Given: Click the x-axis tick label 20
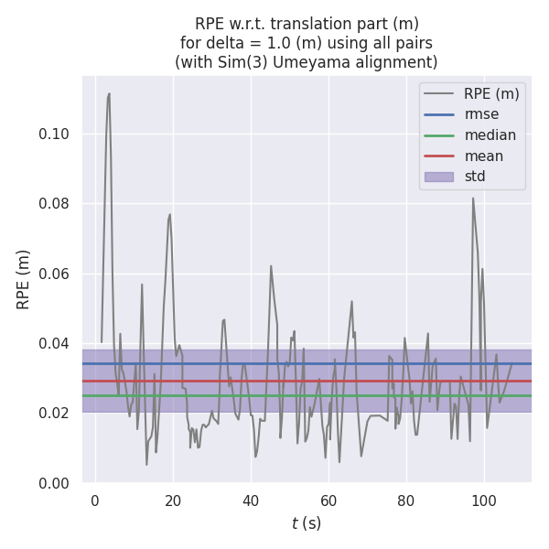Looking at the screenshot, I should [x=173, y=500].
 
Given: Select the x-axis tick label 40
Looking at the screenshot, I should [x=251, y=500].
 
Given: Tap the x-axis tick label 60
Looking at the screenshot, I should [x=328, y=500].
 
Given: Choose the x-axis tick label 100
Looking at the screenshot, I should [x=484, y=500].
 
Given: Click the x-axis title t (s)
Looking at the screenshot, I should [x=307, y=523].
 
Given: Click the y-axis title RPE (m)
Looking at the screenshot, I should [x=24, y=279].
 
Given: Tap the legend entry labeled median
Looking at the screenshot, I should [x=490, y=135].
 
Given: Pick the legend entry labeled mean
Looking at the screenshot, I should [x=483, y=156].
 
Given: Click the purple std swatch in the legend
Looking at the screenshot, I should [x=438, y=177].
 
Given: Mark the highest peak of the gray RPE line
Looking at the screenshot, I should [x=109, y=93].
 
